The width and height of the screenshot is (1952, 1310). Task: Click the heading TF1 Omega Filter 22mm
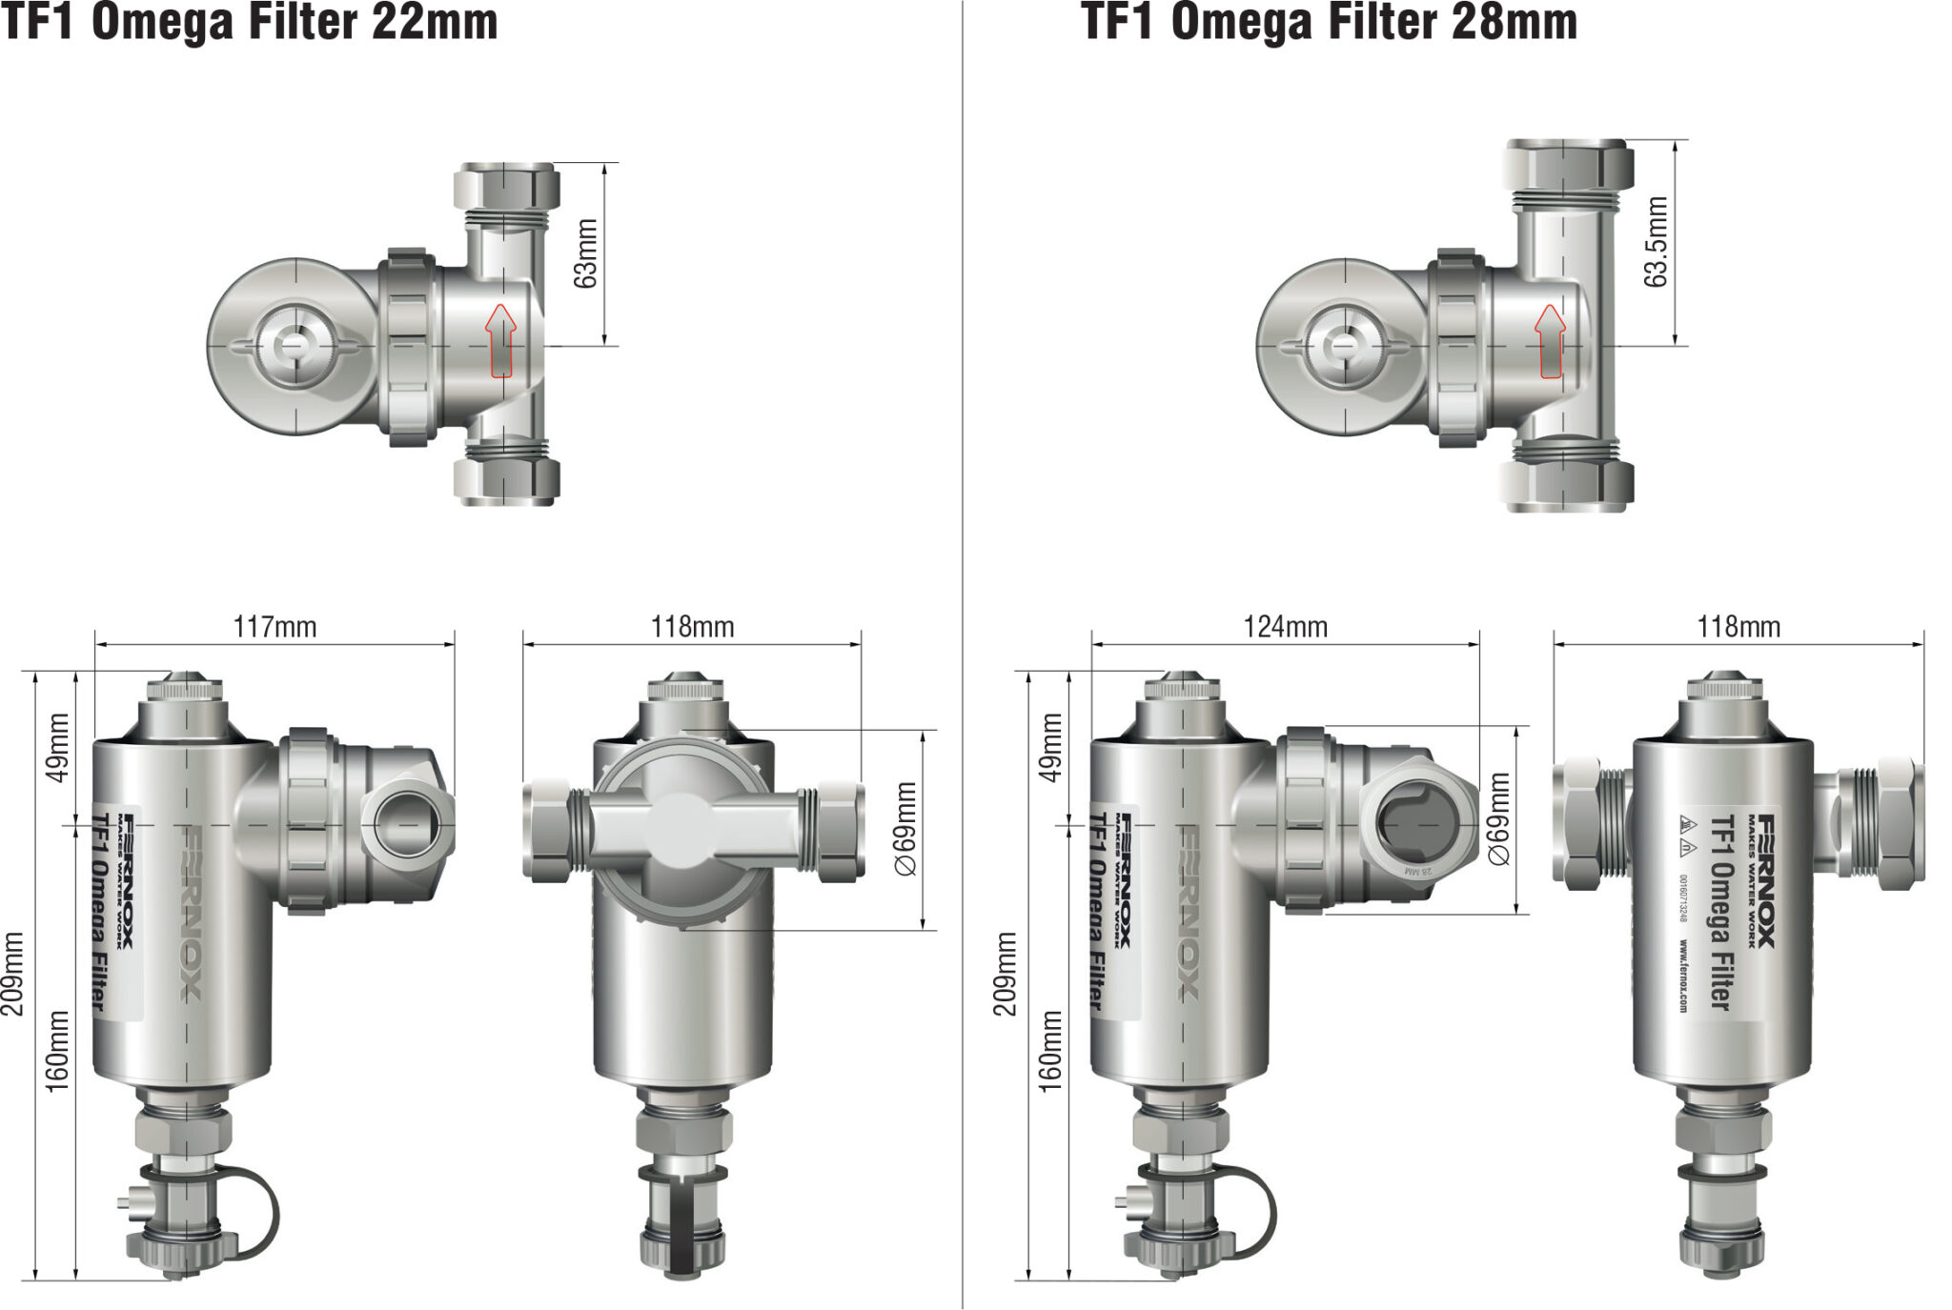pos(249,23)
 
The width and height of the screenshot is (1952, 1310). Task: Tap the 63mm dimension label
pos(585,253)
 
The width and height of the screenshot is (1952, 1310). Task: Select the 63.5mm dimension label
pos(1656,242)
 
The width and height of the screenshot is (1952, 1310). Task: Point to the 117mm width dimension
pos(274,627)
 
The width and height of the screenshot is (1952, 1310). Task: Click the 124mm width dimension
pos(1285,627)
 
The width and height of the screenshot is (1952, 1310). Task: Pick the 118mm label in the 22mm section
pos(692,627)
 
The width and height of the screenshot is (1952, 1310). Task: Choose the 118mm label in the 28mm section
pos(1738,627)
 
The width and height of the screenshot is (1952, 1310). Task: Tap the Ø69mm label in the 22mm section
pos(905,828)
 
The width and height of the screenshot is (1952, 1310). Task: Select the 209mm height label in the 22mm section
pos(13,973)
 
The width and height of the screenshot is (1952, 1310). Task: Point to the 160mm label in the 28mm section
pos(1049,1050)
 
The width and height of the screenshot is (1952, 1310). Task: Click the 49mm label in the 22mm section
pos(58,747)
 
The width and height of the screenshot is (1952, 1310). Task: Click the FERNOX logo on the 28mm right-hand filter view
pos(1766,880)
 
